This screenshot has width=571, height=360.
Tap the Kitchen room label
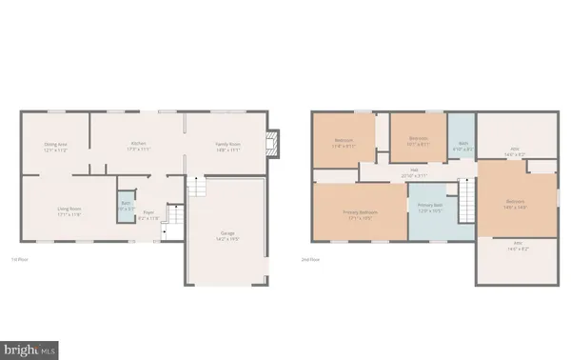[138, 146]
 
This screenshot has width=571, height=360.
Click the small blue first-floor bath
[126, 207]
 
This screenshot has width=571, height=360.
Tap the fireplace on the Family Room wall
[273, 143]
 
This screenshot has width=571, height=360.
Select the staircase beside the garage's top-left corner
[195, 186]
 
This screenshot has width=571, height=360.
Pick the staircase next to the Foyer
[172, 227]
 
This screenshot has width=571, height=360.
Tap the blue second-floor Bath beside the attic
[462, 149]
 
